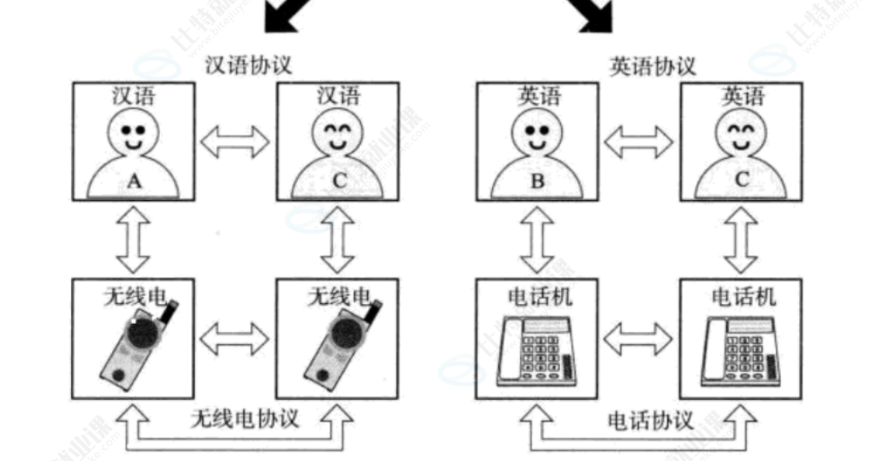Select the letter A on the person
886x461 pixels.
coord(134,181)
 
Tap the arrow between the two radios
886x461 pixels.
coord(234,338)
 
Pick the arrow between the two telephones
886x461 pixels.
coord(638,338)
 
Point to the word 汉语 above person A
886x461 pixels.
coord(134,95)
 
